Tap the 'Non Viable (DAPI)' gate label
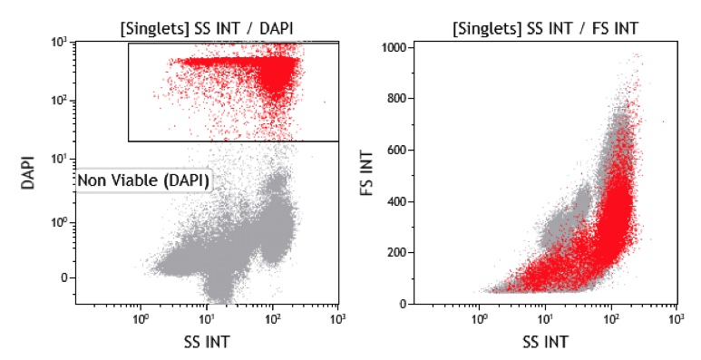point(143,181)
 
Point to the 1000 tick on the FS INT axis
point(396,47)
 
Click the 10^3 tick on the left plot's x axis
point(337,320)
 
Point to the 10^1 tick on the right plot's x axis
point(545,320)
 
